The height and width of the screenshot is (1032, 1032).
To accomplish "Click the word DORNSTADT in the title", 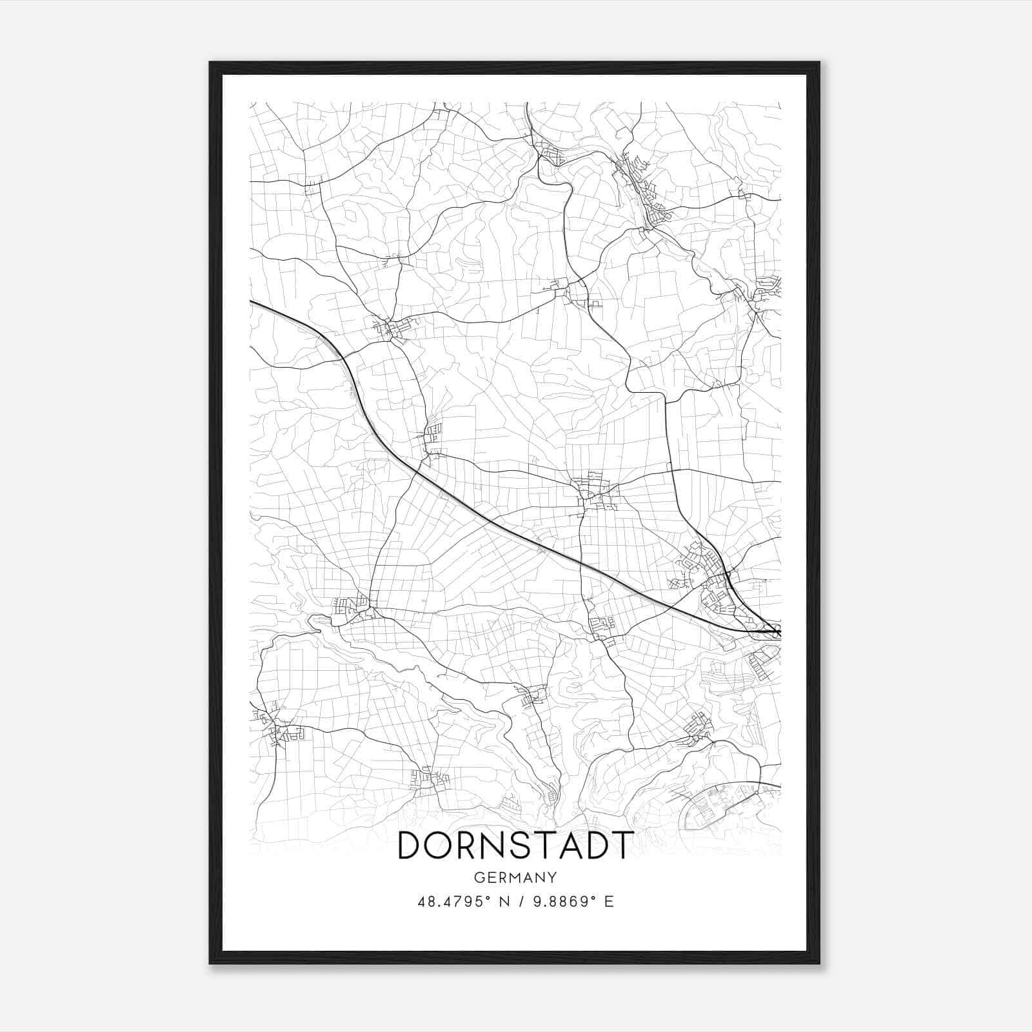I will coord(515,846).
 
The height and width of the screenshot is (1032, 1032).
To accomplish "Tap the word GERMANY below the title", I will coord(515,878).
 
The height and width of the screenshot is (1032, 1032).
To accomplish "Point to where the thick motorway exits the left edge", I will coord(252,301).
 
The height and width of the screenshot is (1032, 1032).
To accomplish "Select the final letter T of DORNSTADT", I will coord(622,846).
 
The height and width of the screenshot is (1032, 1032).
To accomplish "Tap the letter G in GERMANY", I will coord(478,878).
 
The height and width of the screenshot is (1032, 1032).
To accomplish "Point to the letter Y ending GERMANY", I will coord(552,878).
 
